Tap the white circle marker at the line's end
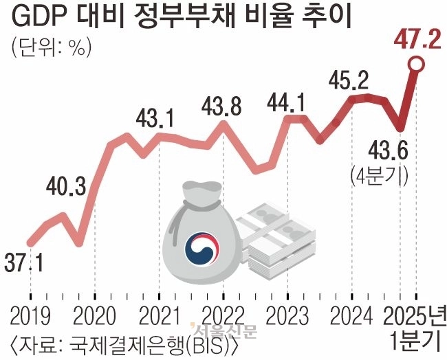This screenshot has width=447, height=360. pos(415,65)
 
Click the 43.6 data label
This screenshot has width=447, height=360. pos(389,149)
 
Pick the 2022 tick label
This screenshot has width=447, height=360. pos(223,316)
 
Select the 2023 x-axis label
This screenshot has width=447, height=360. pos(288,316)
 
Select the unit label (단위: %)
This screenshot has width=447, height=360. pos(52,49)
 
